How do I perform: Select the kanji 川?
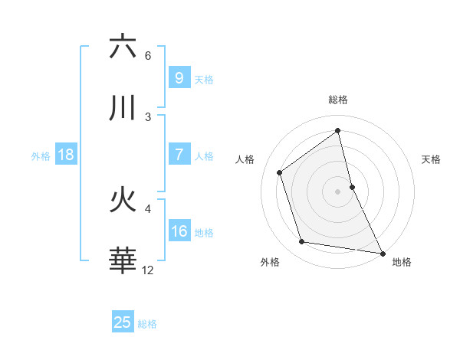tap(123, 108)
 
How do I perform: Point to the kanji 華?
tap(123, 261)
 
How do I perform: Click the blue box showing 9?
tap(179, 77)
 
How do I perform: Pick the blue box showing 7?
tap(179, 154)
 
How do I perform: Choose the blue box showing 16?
tap(179, 231)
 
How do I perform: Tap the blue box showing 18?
tap(66, 155)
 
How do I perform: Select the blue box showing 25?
tap(123, 322)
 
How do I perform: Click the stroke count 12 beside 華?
tap(148, 270)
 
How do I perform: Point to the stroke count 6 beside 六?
tap(148, 55)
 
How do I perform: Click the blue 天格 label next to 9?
tap(204, 80)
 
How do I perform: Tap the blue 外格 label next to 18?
tap(41, 156)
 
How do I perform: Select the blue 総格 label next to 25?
tap(147, 324)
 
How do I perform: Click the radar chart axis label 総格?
tap(338, 100)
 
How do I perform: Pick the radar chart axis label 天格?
tap(432, 159)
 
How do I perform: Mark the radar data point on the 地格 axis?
tap(382, 253)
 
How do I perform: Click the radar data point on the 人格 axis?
tap(279, 172)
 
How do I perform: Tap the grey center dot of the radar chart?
tap(338, 191)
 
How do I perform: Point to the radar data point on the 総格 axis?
tap(338, 131)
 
